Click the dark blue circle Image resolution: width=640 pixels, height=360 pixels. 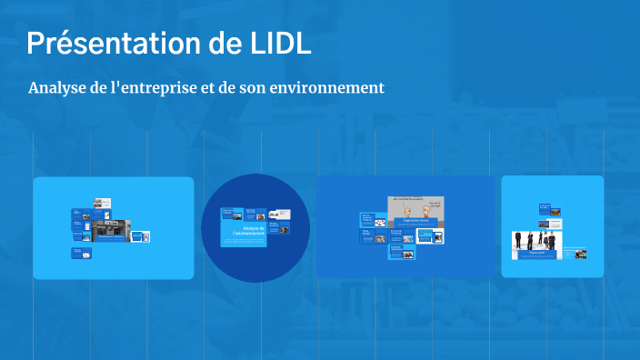(x=255, y=227)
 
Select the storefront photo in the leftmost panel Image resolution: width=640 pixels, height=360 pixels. (x=112, y=229)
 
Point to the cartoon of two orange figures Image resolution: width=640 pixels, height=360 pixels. (x=415, y=211)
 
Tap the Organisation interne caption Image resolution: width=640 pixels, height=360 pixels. (x=415, y=221)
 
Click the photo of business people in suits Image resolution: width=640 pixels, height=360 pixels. (x=536, y=243)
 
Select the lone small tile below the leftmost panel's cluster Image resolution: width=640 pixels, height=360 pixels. (x=82, y=254)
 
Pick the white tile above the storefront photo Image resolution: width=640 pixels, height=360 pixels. (x=103, y=205)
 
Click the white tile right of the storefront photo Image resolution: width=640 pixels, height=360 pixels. (x=140, y=236)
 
